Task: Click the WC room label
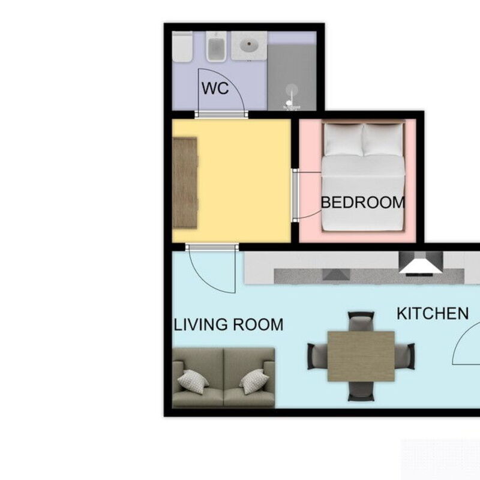point(215,89)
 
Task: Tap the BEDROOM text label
point(362,203)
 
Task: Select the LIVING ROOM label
point(228,325)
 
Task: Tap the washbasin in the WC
point(248,44)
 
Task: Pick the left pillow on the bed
point(343,139)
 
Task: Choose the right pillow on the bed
point(383,139)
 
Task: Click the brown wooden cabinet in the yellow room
point(185,182)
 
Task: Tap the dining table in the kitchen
point(361,355)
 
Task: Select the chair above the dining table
point(361,322)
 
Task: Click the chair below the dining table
point(361,391)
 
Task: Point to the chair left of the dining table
point(317,355)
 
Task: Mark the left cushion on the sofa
point(193,381)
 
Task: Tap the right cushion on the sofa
point(254,381)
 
